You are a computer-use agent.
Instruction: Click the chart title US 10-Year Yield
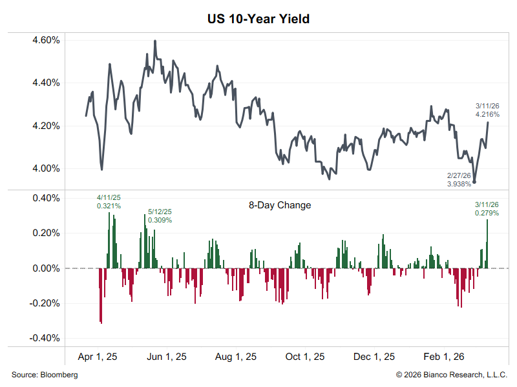tap(258, 19)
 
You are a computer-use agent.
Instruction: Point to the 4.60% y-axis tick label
tap(45, 40)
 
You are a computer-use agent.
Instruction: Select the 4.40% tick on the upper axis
tap(45, 83)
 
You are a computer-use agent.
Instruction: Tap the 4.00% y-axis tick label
tap(45, 169)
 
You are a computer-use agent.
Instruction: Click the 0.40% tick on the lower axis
tap(45, 198)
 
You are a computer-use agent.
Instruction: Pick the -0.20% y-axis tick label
tap(44, 303)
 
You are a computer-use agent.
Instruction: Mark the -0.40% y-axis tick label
tap(44, 338)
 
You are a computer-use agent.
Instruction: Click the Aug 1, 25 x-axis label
tap(235, 357)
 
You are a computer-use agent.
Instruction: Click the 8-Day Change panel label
tap(280, 206)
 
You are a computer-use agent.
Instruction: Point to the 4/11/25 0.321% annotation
tap(109, 202)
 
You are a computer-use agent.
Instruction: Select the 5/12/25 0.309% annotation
tap(160, 215)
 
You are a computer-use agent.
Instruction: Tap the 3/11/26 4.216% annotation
tap(487, 110)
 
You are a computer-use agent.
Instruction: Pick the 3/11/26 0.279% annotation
tap(487, 208)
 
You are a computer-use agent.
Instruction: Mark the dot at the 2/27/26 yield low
tap(474, 182)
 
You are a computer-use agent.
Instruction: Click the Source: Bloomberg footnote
tap(45, 375)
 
